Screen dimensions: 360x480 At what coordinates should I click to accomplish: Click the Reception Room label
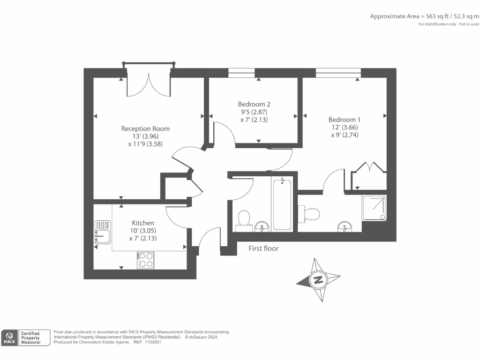tap(145, 128)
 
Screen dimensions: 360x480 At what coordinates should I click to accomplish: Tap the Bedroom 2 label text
tap(254, 104)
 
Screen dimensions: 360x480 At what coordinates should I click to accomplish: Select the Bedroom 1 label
tap(345, 120)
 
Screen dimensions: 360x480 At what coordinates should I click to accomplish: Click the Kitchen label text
tap(142, 223)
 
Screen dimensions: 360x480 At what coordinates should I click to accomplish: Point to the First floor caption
tap(263, 248)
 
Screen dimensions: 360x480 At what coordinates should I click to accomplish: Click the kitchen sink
tap(102, 232)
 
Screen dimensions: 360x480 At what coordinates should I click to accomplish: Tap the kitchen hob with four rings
tap(146, 260)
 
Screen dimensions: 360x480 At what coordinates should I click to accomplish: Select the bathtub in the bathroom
tap(282, 204)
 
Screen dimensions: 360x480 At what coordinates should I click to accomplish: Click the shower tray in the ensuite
tap(375, 208)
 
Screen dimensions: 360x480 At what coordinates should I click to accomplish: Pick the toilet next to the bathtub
tap(243, 219)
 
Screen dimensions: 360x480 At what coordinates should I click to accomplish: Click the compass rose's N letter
tap(318, 280)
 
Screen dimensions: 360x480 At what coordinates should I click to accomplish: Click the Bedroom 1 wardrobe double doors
tap(368, 169)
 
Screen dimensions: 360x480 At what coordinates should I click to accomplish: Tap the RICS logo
tap(9, 337)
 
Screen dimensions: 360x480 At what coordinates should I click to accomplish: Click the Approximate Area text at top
tap(425, 16)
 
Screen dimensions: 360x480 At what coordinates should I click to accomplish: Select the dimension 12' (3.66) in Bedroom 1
tap(345, 127)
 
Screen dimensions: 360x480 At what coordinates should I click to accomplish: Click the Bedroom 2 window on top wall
tap(242, 73)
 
